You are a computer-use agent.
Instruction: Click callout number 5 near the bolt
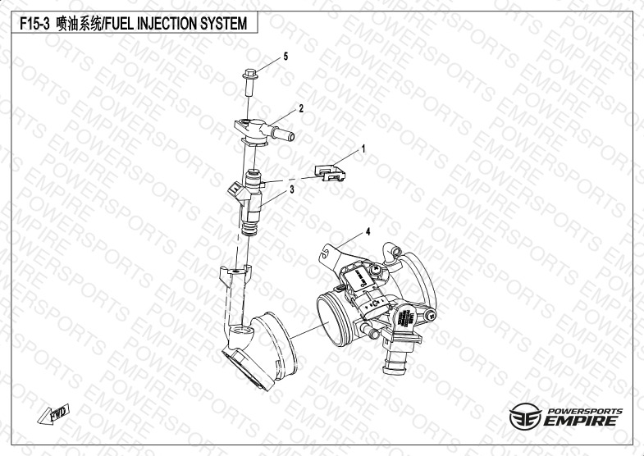(285, 57)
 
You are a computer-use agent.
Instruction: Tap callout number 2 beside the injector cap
(301, 108)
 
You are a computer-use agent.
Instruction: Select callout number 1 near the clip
(363, 148)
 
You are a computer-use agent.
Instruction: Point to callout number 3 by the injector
(292, 189)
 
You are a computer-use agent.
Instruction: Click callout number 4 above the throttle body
(368, 231)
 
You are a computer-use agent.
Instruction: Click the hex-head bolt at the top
(249, 83)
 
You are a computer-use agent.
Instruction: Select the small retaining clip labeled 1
(330, 173)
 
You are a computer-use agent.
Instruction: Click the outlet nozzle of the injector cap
(282, 134)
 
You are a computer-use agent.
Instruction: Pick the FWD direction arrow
(53, 413)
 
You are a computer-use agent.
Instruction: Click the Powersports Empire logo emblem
(525, 416)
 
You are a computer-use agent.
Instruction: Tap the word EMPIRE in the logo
(580, 421)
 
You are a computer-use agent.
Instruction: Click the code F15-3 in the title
(34, 24)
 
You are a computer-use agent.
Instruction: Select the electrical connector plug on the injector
(235, 190)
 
